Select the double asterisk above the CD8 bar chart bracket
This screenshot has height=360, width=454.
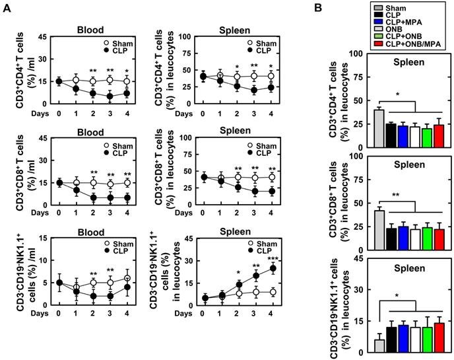(x=396, y=196)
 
